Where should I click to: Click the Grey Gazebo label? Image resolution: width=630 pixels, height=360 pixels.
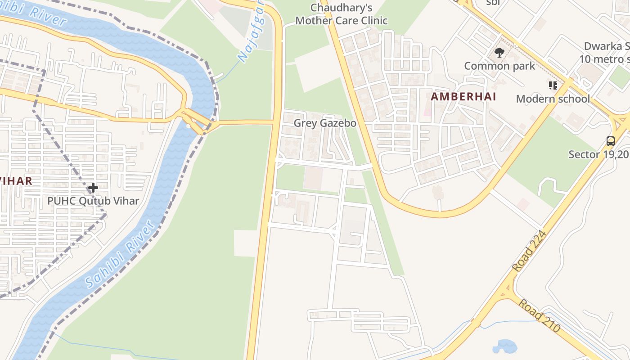coord(325,123)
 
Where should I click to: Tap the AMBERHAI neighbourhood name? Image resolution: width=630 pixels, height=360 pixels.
coord(463,96)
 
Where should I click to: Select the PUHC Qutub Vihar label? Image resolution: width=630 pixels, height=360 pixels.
coord(93,201)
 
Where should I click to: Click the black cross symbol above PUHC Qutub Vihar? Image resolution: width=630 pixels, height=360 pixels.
coord(93,187)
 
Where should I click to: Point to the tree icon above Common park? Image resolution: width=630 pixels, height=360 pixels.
coord(499,53)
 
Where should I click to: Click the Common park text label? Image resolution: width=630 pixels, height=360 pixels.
coord(499,66)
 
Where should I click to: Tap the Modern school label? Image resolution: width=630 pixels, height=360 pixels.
coord(553,99)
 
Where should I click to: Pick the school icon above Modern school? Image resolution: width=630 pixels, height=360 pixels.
coord(553,85)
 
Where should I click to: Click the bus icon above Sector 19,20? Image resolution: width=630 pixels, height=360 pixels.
coord(610,141)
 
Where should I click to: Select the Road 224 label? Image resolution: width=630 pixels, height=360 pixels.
coord(530,252)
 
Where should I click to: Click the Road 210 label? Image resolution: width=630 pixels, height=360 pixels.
coord(539,315)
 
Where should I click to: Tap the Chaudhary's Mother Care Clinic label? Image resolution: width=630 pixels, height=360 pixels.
coord(342,14)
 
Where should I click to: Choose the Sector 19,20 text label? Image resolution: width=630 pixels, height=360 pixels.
coord(599,154)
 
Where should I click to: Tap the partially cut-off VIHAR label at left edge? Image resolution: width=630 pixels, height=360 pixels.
coord(16,181)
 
